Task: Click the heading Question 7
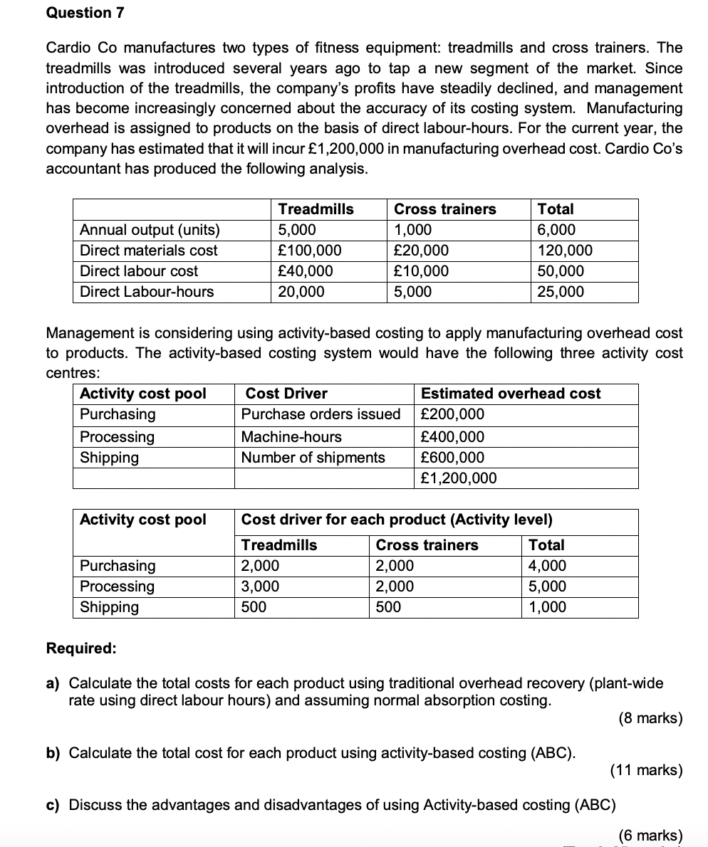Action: click(x=79, y=13)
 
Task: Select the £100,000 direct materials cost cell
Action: click(x=309, y=251)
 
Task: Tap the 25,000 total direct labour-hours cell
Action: click(x=561, y=292)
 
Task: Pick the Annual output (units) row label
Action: click(x=150, y=230)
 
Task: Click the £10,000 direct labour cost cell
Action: click(x=421, y=271)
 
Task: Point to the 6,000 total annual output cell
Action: click(x=557, y=230)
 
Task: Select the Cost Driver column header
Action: click(x=286, y=394)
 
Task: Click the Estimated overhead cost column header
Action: click(x=511, y=394)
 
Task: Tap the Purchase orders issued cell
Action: click(x=321, y=414)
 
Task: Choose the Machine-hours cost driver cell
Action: click(x=291, y=436)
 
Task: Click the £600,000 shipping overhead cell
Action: click(x=452, y=457)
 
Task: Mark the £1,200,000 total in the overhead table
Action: click(x=459, y=478)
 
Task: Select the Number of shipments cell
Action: click(x=313, y=457)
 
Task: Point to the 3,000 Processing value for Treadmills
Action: click(x=260, y=586)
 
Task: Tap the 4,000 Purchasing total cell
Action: click(x=547, y=566)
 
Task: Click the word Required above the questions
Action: click(x=81, y=648)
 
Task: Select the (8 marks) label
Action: click(x=650, y=718)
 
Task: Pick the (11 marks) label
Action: click(x=646, y=769)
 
